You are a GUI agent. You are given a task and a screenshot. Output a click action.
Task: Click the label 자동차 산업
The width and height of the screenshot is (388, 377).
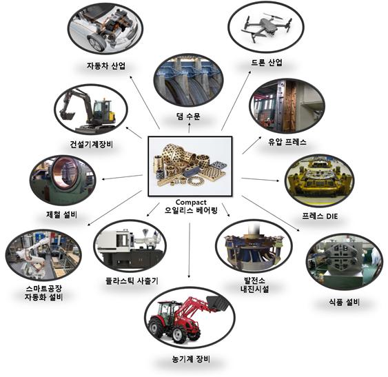point(106,66)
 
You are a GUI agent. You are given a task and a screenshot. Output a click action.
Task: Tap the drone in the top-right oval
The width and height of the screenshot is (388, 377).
point(266,27)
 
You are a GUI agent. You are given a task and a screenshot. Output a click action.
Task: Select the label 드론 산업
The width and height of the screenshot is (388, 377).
point(267,63)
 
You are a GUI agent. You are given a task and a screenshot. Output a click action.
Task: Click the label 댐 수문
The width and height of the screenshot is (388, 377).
point(188,116)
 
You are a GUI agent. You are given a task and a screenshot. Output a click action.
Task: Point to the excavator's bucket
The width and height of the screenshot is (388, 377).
point(66,115)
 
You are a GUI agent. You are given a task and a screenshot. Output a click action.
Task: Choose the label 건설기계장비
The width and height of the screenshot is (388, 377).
point(91,144)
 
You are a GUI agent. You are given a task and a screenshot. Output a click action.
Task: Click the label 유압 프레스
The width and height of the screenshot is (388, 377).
point(287,142)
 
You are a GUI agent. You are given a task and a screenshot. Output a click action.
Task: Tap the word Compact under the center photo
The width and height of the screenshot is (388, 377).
point(191,202)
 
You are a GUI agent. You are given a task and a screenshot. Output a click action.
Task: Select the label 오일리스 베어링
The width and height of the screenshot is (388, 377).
point(191,211)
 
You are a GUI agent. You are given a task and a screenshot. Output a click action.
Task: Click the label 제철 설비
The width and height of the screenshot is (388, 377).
point(61,214)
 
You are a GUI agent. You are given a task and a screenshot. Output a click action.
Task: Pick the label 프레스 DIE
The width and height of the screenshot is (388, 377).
point(320,216)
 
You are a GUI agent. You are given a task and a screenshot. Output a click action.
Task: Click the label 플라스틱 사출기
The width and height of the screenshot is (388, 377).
point(132,281)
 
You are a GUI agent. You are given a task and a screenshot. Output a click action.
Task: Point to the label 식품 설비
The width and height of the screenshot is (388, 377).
point(344,302)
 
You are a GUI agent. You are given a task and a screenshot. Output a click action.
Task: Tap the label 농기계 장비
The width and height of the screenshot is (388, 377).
point(191,359)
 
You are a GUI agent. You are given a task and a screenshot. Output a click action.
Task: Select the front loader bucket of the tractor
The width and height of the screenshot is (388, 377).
point(217,303)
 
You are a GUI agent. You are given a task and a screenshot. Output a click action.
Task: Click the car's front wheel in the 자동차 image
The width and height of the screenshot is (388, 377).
point(96,43)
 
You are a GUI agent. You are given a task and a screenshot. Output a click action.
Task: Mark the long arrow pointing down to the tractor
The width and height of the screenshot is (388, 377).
point(190,250)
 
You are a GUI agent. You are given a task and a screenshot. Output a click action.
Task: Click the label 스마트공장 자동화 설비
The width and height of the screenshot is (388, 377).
point(43,293)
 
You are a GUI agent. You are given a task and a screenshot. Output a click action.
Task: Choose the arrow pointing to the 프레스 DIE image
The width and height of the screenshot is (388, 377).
point(260,179)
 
